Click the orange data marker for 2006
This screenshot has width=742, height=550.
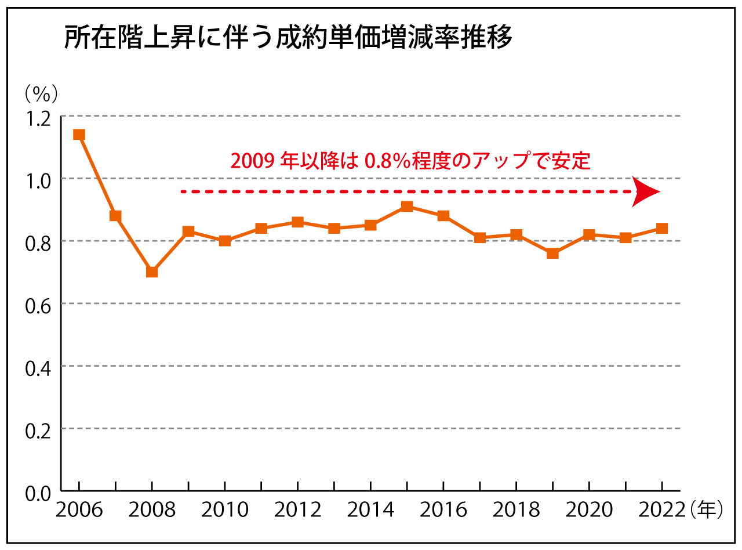tap(79, 135)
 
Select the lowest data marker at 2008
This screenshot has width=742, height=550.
tap(152, 272)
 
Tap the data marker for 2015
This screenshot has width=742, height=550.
tap(407, 206)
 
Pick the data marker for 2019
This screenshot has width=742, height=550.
tap(552, 253)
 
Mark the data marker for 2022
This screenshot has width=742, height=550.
tap(661, 228)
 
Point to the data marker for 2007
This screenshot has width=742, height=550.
tap(115, 216)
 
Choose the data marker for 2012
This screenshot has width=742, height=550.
tap(297, 222)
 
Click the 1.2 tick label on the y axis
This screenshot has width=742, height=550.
tap(38, 117)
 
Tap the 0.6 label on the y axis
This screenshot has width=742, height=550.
tap(38, 304)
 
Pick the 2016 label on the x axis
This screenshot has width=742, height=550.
tap(443, 511)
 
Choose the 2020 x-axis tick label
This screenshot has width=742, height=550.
tap(589, 511)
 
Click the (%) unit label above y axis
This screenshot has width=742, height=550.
tap(41, 92)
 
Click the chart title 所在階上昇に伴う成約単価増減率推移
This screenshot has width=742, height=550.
tap(288, 39)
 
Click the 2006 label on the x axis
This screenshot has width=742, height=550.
tap(79, 511)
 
